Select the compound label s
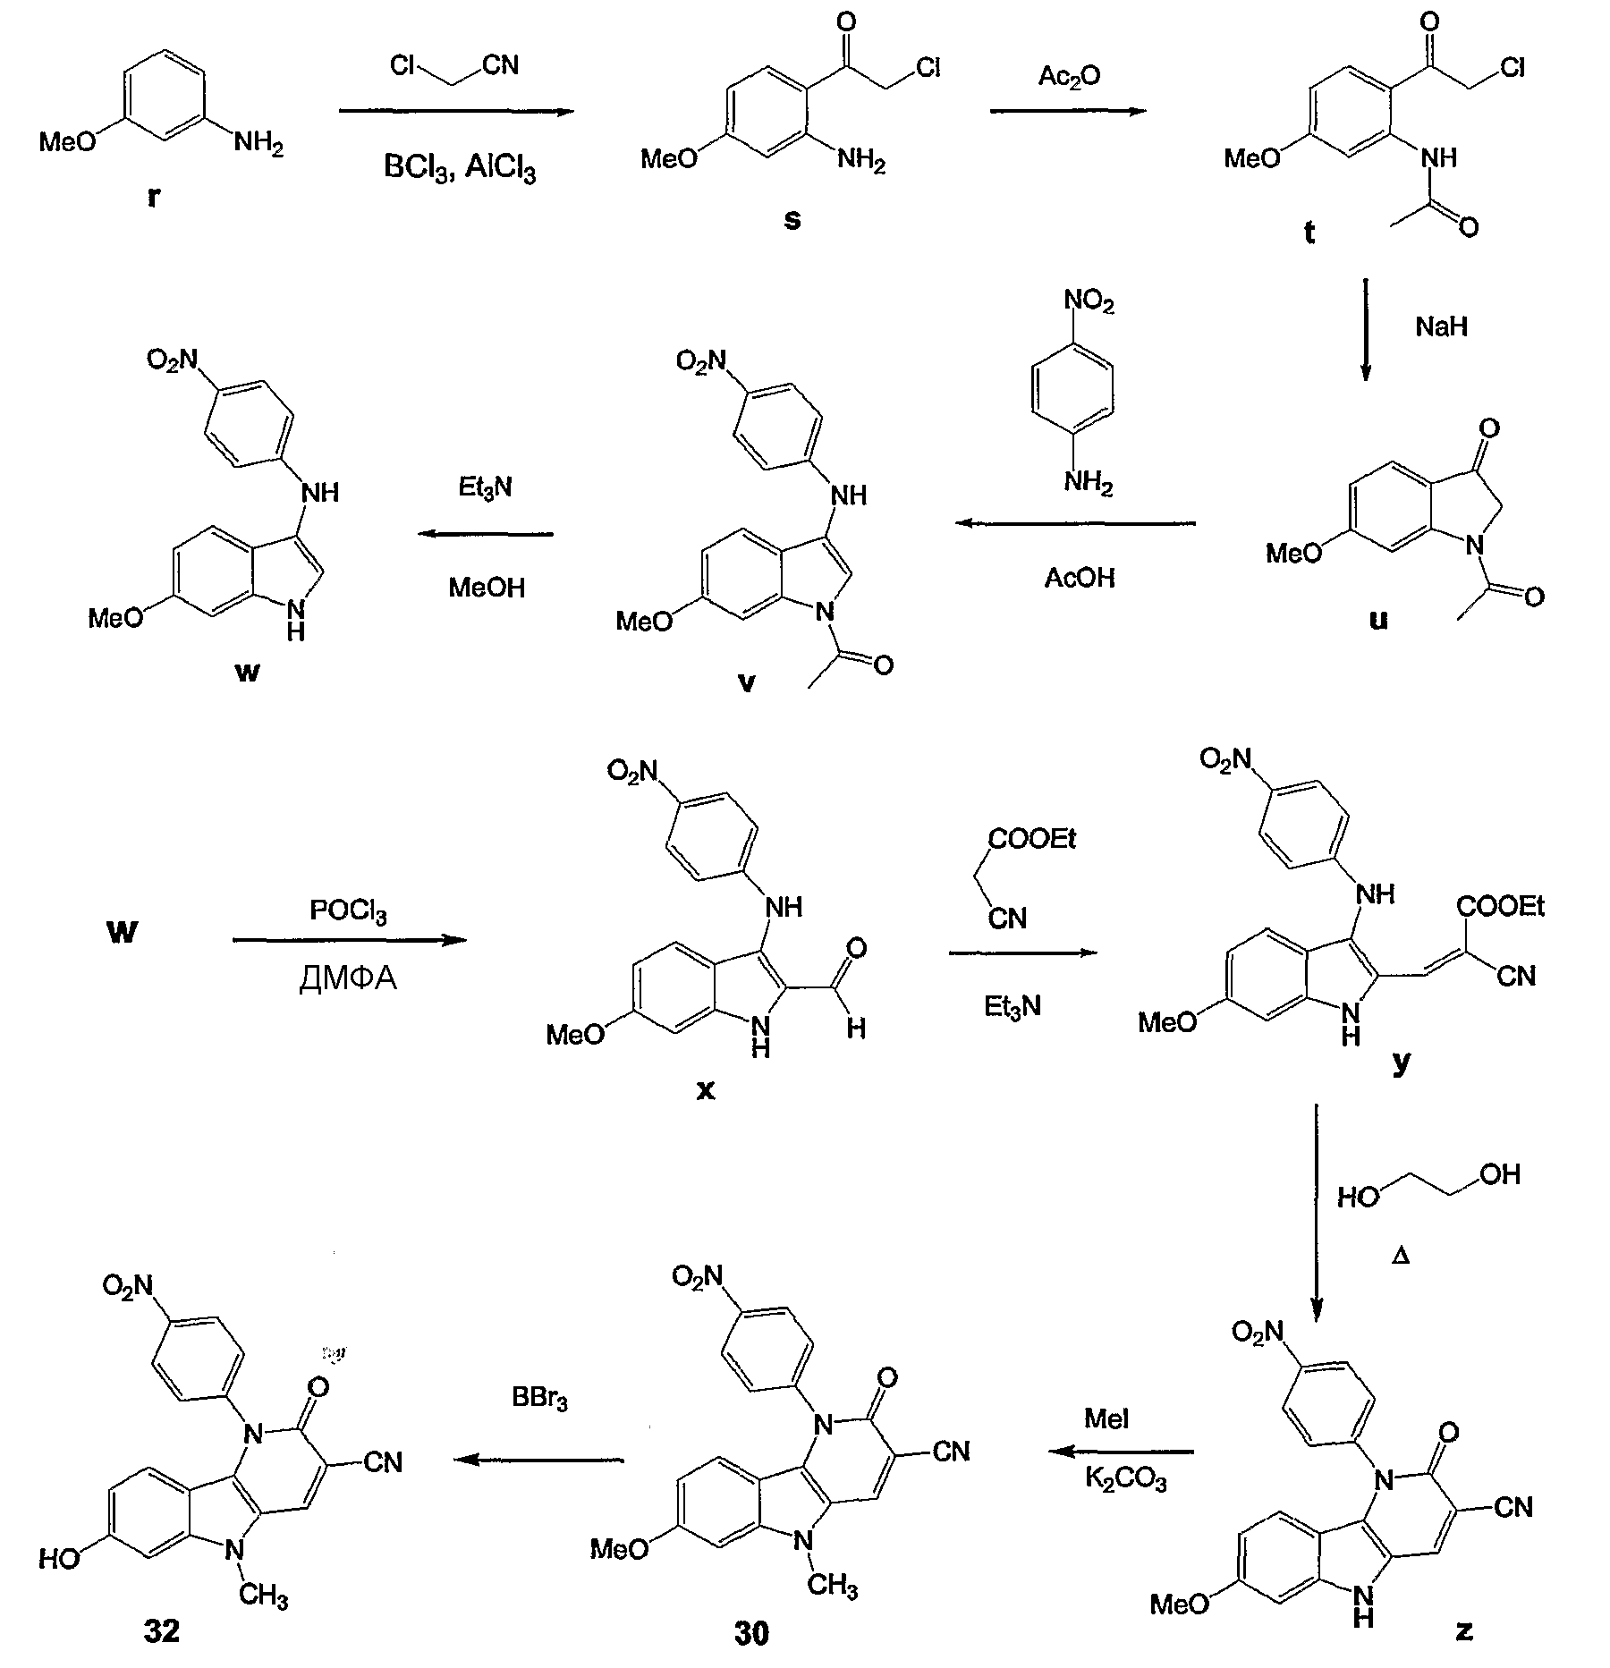(792, 219)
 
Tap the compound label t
(1309, 233)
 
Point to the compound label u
(1378, 620)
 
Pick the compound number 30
(751, 1633)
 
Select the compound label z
(1464, 1630)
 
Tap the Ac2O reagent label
(1069, 78)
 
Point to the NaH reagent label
(1441, 326)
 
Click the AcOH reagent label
(1080, 578)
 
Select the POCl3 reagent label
(349, 912)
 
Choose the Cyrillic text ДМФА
(348, 979)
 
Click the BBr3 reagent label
(540, 1397)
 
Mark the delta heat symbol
(1402, 1257)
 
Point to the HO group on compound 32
(60, 1559)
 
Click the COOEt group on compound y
(1501, 907)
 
